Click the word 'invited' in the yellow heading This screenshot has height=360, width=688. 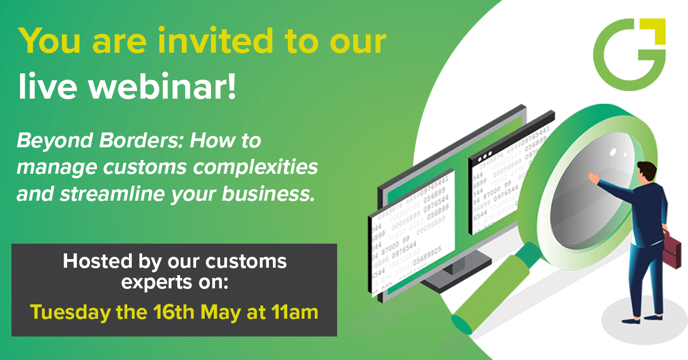coord(215,41)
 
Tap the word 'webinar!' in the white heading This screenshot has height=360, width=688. coord(162,86)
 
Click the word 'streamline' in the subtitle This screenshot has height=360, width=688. coord(112,194)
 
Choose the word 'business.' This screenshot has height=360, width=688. coord(268,194)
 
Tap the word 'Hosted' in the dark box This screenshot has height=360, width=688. coord(97,261)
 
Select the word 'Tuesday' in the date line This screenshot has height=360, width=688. coord(70,312)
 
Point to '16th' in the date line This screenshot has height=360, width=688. coord(174,312)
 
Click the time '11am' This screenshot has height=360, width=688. coord(295,312)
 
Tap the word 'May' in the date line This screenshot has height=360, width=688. coord(221,312)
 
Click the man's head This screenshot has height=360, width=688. coord(647,171)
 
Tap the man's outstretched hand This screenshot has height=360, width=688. coord(593,178)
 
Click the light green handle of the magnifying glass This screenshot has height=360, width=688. coord(491,295)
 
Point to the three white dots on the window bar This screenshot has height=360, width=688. coord(484,156)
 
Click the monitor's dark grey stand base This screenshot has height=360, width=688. coord(454,278)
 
